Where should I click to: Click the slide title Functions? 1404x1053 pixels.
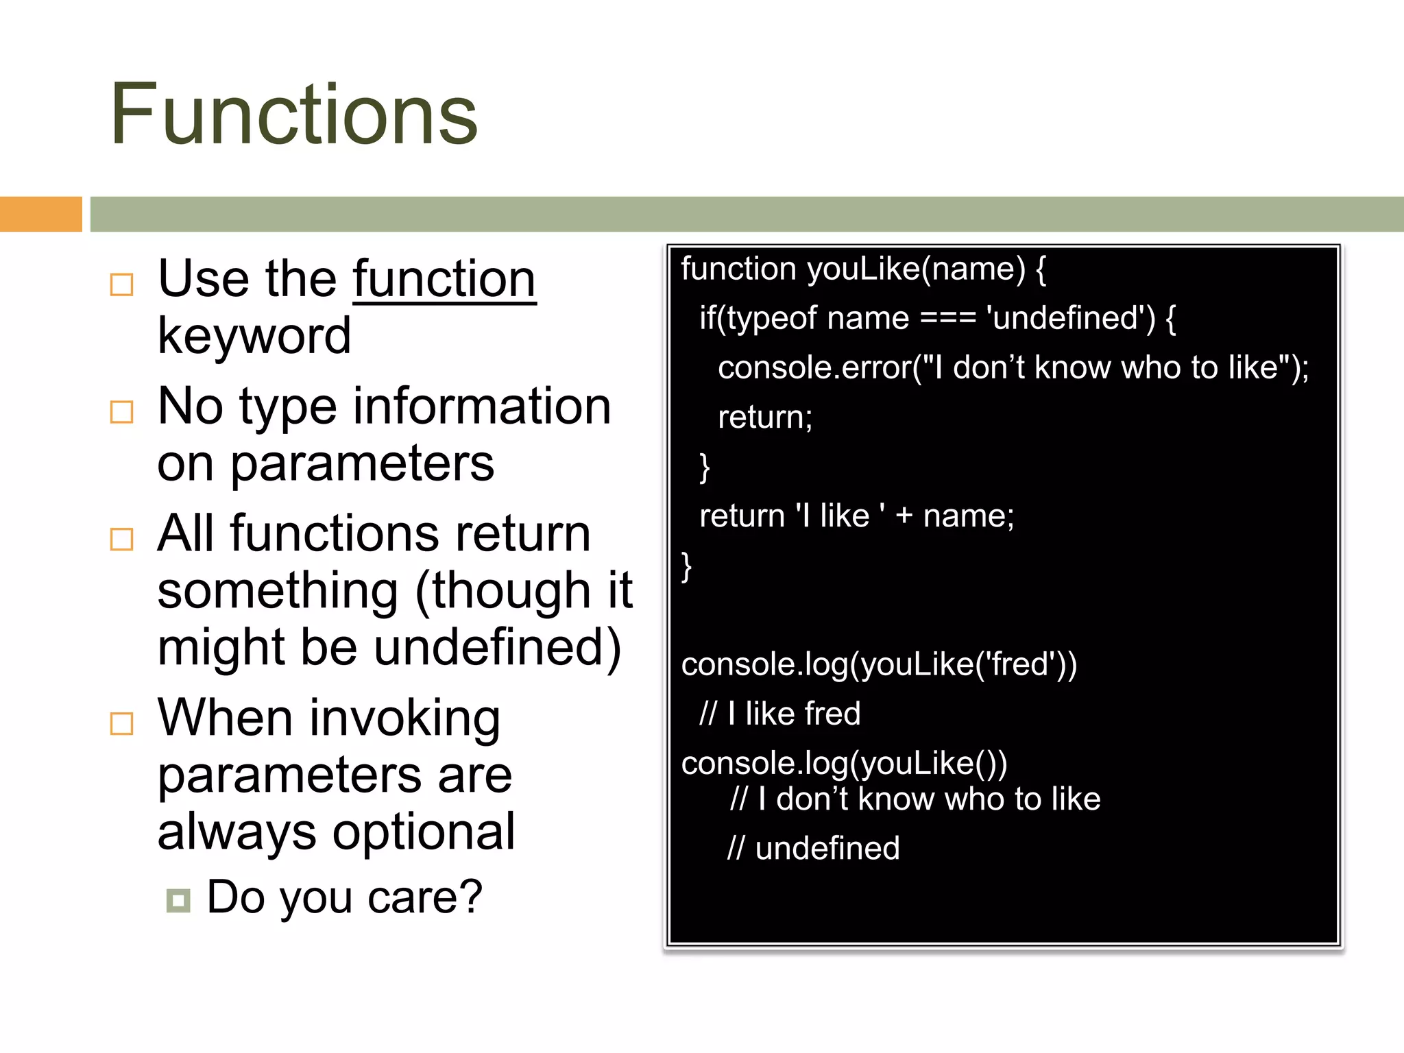[x=293, y=114]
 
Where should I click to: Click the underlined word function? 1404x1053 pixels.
[x=444, y=279]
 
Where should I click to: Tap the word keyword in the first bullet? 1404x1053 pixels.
[x=254, y=337]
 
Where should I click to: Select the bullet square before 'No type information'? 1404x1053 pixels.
[x=121, y=411]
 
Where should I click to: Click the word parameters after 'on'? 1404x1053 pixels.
[x=361, y=464]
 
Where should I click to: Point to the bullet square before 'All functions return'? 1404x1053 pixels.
[x=121, y=539]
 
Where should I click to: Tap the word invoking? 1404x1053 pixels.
[x=405, y=718]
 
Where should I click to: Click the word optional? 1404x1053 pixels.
[x=424, y=832]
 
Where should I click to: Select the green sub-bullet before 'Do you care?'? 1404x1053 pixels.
[x=178, y=900]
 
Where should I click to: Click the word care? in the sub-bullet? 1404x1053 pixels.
[x=425, y=897]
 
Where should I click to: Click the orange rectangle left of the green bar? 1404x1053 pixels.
[x=40, y=214]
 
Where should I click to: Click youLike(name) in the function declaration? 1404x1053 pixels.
[x=916, y=269]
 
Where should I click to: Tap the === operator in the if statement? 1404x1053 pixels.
[x=947, y=319]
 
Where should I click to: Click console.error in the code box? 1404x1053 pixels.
[x=814, y=368]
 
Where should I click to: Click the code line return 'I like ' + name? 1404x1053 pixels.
[x=856, y=516]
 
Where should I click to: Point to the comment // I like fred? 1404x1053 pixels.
[x=779, y=714]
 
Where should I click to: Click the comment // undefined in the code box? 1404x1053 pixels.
[x=813, y=849]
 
